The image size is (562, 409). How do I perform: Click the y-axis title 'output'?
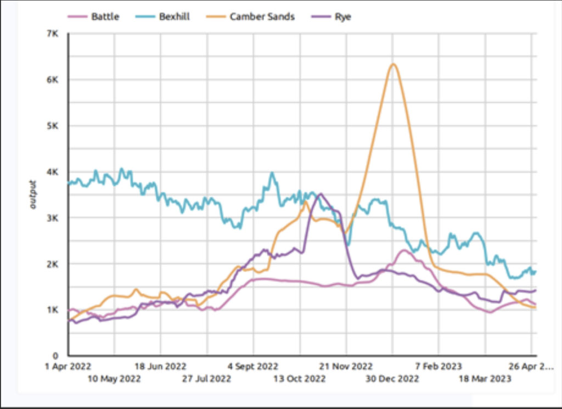click(x=33, y=195)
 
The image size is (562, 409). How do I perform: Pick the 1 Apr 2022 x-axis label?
click(x=68, y=366)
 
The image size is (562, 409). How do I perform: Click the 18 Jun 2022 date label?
click(x=160, y=366)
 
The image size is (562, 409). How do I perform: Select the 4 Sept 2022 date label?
click(x=253, y=366)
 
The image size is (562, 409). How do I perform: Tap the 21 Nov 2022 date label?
click(x=346, y=366)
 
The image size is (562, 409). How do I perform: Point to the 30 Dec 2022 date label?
click(x=393, y=379)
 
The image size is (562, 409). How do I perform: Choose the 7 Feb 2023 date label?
click(x=439, y=366)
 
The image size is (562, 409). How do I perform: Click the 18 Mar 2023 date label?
click(x=485, y=379)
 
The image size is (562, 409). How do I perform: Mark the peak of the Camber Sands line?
click(x=393, y=64)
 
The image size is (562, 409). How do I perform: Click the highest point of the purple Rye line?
click(x=321, y=193)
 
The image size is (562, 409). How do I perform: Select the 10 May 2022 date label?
click(x=115, y=379)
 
